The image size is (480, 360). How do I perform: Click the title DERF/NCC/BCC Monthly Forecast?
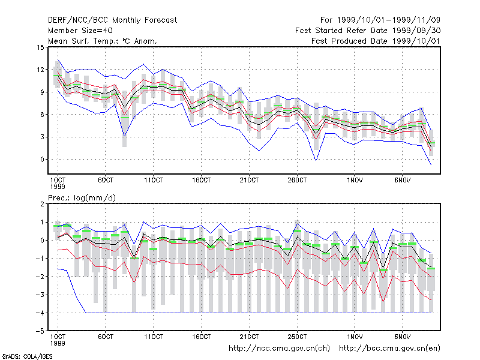click(x=112, y=20)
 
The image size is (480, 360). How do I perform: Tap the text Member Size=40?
click(x=80, y=31)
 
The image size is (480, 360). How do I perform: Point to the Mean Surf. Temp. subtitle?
click(x=102, y=41)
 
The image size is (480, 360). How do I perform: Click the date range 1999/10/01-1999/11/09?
click(x=380, y=20)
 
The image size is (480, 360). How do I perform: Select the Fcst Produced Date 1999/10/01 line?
click(x=376, y=41)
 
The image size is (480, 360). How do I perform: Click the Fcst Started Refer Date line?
click(x=368, y=31)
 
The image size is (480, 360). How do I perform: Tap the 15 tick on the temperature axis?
click(x=40, y=47)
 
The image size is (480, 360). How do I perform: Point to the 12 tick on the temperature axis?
click(x=40, y=70)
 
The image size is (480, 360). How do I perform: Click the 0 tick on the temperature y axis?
click(x=42, y=160)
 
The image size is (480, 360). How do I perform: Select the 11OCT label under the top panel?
click(x=154, y=181)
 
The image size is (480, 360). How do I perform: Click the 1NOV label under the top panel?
click(x=355, y=181)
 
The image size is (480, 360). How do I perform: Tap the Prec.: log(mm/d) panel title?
click(x=82, y=198)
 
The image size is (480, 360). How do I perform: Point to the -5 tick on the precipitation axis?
click(x=41, y=331)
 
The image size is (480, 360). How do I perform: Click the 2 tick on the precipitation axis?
click(x=42, y=204)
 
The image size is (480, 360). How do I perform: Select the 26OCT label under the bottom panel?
click(x=297, y=337)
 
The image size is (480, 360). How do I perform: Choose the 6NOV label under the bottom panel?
click(x=402, y=337)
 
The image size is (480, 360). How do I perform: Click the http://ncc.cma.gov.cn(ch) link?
click(x=279, y=349)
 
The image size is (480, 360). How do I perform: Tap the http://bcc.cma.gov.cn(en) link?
click(x=389, y=349)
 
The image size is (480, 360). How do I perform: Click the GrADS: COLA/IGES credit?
click(x=27, y=356)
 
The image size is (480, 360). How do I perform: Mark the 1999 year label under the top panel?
click(x=58, y=187)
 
